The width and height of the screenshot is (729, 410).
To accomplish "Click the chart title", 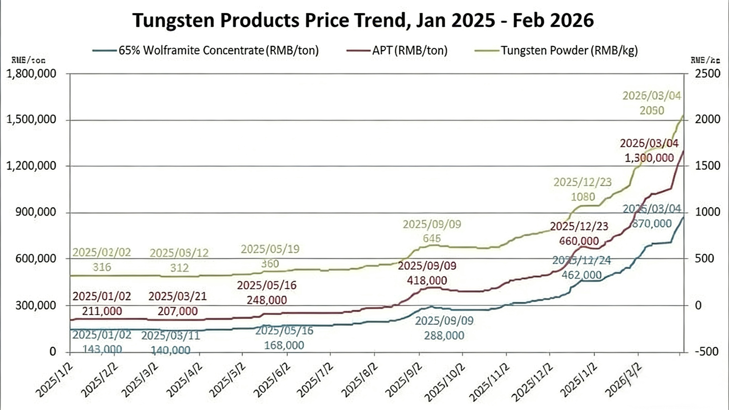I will click(363, 20).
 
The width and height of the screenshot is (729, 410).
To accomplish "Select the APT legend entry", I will click(410, 50).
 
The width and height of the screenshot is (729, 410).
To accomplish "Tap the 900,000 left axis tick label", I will click(36, 212).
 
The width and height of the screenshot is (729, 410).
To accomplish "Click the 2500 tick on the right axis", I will click(707, 74).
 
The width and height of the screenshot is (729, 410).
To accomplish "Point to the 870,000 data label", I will click(652, 224).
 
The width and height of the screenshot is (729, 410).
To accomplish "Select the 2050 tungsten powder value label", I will click(652, 110).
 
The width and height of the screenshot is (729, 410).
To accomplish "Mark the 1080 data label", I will click(583, 197).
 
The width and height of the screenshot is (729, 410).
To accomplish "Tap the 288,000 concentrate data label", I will click(444, 335).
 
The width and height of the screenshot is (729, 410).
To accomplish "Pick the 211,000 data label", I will click(102, 311).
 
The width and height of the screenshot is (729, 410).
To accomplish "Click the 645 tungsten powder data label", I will click(432, 239).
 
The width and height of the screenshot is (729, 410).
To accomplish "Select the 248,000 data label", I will click(266, 300).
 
